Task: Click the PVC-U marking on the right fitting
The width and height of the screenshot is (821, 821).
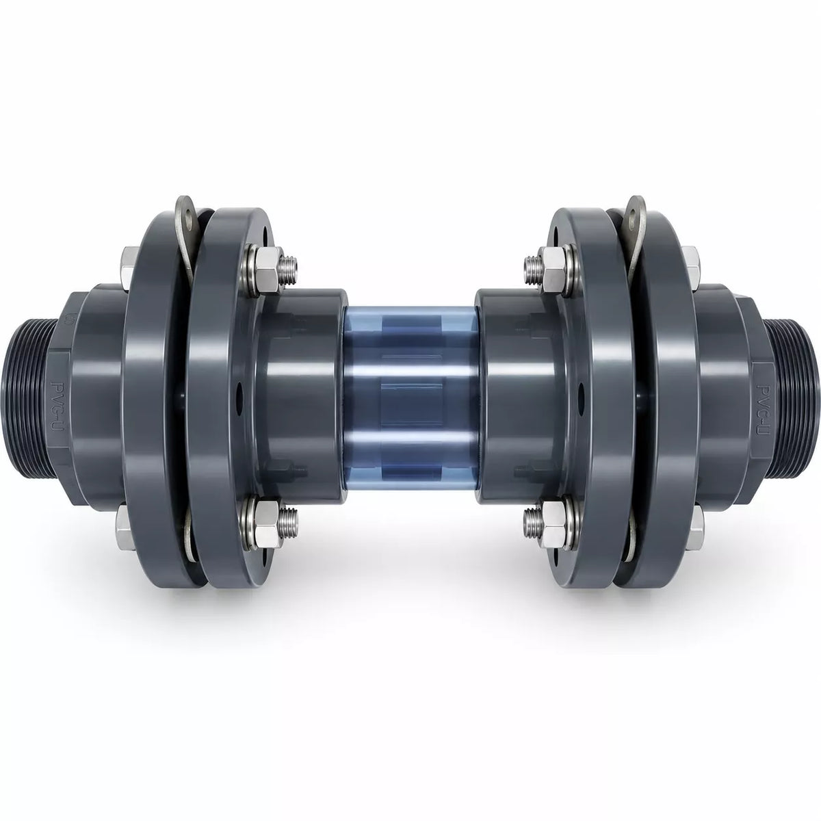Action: coord(764,404)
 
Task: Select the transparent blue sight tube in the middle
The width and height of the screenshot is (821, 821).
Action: coord(410,400)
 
